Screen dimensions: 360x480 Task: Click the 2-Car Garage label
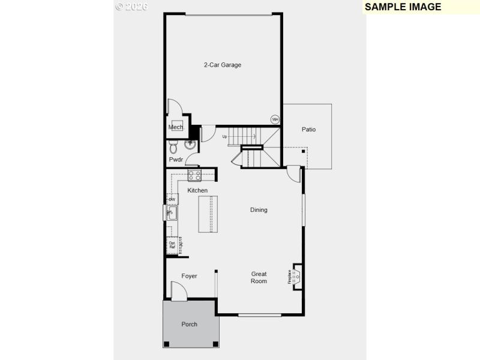click(222, 65)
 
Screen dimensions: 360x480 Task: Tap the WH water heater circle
click(275, 119)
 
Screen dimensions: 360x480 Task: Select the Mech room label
click(176, 127)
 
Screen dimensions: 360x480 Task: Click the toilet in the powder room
click(173, 146)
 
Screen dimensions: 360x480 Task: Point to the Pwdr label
click(176, 160)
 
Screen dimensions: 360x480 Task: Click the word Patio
click(308, 130)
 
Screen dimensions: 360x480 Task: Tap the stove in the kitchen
click(194, 175)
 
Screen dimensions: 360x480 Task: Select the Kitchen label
click(197, 191)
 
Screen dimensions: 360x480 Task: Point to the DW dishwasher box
click(172, 199)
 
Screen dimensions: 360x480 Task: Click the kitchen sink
click(172, 213)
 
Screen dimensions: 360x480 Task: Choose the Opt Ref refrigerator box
click(172, 245)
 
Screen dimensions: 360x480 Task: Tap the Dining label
click(259, 210)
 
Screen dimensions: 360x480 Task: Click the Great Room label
click(259, 278)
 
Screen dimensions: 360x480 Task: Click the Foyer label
click(189, 276)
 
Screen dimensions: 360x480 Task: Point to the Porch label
click(189, 325)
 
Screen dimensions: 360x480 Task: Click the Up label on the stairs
click(225, 136)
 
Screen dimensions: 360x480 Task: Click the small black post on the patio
click(303, 152)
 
